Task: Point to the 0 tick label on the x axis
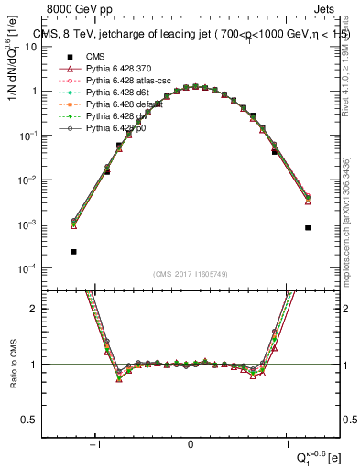[x=191, y=445]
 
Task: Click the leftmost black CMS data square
[x=73, y=251]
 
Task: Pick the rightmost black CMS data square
[x=308, y=227]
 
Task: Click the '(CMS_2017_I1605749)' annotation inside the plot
[x=191, y=274]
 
